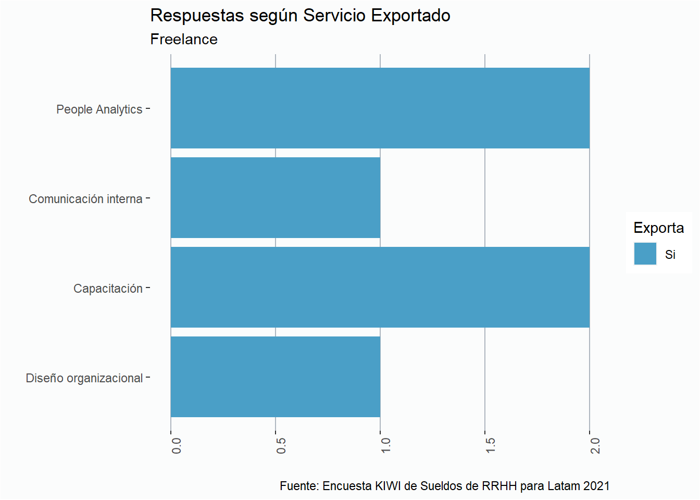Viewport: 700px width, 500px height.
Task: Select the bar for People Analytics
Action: [x=380, y=108]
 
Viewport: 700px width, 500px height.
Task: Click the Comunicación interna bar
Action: [x=276, y=198]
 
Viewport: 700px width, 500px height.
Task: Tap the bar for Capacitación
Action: [x=380, y=287]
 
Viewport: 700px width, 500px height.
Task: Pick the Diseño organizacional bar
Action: [x=276, y=377]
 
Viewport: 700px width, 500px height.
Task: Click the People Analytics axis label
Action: [x=99, y=109]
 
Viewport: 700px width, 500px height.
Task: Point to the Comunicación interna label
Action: [x=85, y=199]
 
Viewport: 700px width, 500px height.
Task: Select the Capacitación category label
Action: [x=108, y=289]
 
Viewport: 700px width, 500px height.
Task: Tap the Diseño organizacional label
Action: [x=84, y=378]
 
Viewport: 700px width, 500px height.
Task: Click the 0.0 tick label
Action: [x=177, y=446]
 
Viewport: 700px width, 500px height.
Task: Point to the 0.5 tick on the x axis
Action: [x=281, y=446]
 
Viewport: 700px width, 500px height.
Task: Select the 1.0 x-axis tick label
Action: [x=386, y=446]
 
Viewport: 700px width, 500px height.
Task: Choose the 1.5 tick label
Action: [x=491, y=446]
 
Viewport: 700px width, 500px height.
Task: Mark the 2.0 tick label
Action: [x=595, y=446]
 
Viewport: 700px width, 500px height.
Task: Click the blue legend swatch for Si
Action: [x=645, y=254]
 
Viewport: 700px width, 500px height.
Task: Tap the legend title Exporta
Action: [x=658, y=228]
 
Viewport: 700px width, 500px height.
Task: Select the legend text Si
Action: [x=670, y=255]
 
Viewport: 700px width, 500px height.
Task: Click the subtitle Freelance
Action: [x=184, y=40]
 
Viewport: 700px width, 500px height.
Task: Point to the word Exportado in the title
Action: [x=410, y=16]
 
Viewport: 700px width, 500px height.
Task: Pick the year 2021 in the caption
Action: [x=596, y=486]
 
